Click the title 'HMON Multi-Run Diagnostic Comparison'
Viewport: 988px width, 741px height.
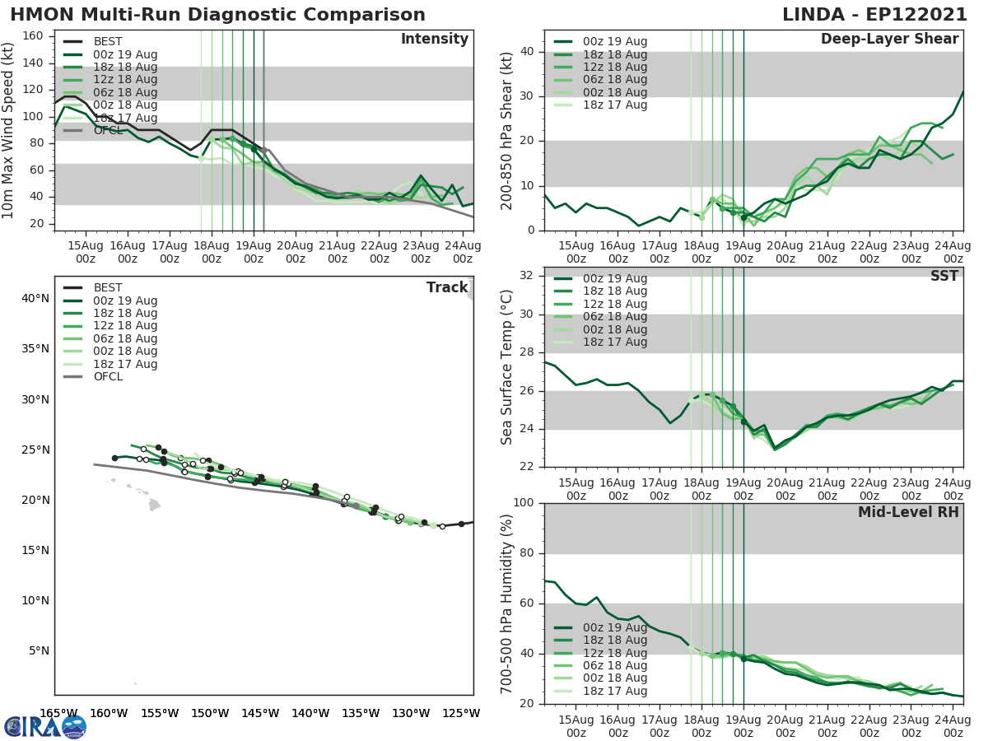click(x=217, y=15)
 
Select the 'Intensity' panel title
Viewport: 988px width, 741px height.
click(x=434, y=40)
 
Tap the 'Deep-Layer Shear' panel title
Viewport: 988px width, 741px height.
click(x=889, y=40)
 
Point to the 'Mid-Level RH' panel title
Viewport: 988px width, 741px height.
click(x=908, y=512)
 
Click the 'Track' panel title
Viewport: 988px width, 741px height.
click(x=446, y=287)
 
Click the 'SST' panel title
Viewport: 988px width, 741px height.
click(x=944, y=276)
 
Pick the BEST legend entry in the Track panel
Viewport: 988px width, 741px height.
click(x=108, y=288)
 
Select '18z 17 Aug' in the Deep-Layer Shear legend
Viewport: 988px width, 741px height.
click(x=615, y=105)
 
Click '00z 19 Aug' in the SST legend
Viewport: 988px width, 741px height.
click(x=615, y=279)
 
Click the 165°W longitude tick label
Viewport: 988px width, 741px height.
click(x=58, y=713)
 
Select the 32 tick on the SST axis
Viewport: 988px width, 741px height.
click(x=526, y=275)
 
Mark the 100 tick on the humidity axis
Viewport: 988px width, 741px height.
click(x=523, y=503)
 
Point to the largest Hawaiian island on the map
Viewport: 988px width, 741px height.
click(x=154, y=504)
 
